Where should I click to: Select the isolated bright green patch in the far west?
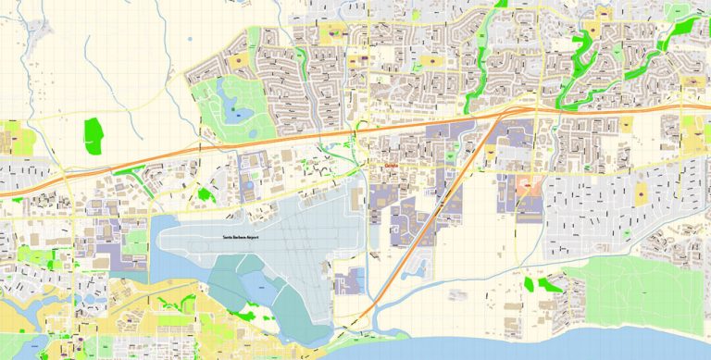pos(93,135)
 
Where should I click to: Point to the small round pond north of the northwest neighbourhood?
pos(190,40)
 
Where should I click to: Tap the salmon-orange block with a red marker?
pos(528,185)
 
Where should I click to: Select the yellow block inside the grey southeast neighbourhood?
pos(641,193)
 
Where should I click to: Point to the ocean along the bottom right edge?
pos(630,344)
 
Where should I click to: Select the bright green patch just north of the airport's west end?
pos(205,194)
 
